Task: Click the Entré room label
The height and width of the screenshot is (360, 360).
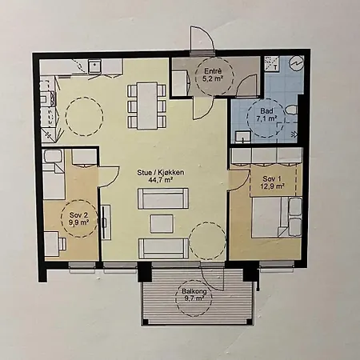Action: click(213, 71)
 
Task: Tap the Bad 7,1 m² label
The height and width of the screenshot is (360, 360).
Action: click(266, 115)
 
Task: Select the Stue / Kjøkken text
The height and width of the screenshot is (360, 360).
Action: click(161, 173)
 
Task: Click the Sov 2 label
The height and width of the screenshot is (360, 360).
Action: click(78, 215)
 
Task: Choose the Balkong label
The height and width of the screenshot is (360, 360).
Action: click(194, 291)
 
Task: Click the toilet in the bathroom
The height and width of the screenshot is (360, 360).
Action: click(291, 110)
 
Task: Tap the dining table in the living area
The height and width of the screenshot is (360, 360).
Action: click(146, 106)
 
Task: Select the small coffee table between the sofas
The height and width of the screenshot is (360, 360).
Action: click(162, 223)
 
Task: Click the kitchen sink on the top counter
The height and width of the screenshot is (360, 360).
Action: click(94, 66)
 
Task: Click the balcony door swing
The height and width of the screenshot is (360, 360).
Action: click(213, 278)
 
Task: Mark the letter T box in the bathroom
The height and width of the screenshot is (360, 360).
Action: click(272, 64)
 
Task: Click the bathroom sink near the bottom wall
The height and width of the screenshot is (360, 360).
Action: click(242, 137)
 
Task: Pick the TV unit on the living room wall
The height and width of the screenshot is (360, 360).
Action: click(106, 222)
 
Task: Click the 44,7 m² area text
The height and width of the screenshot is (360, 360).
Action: click(160, 179)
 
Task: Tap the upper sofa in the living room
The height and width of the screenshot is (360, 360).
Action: click(163, 198)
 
